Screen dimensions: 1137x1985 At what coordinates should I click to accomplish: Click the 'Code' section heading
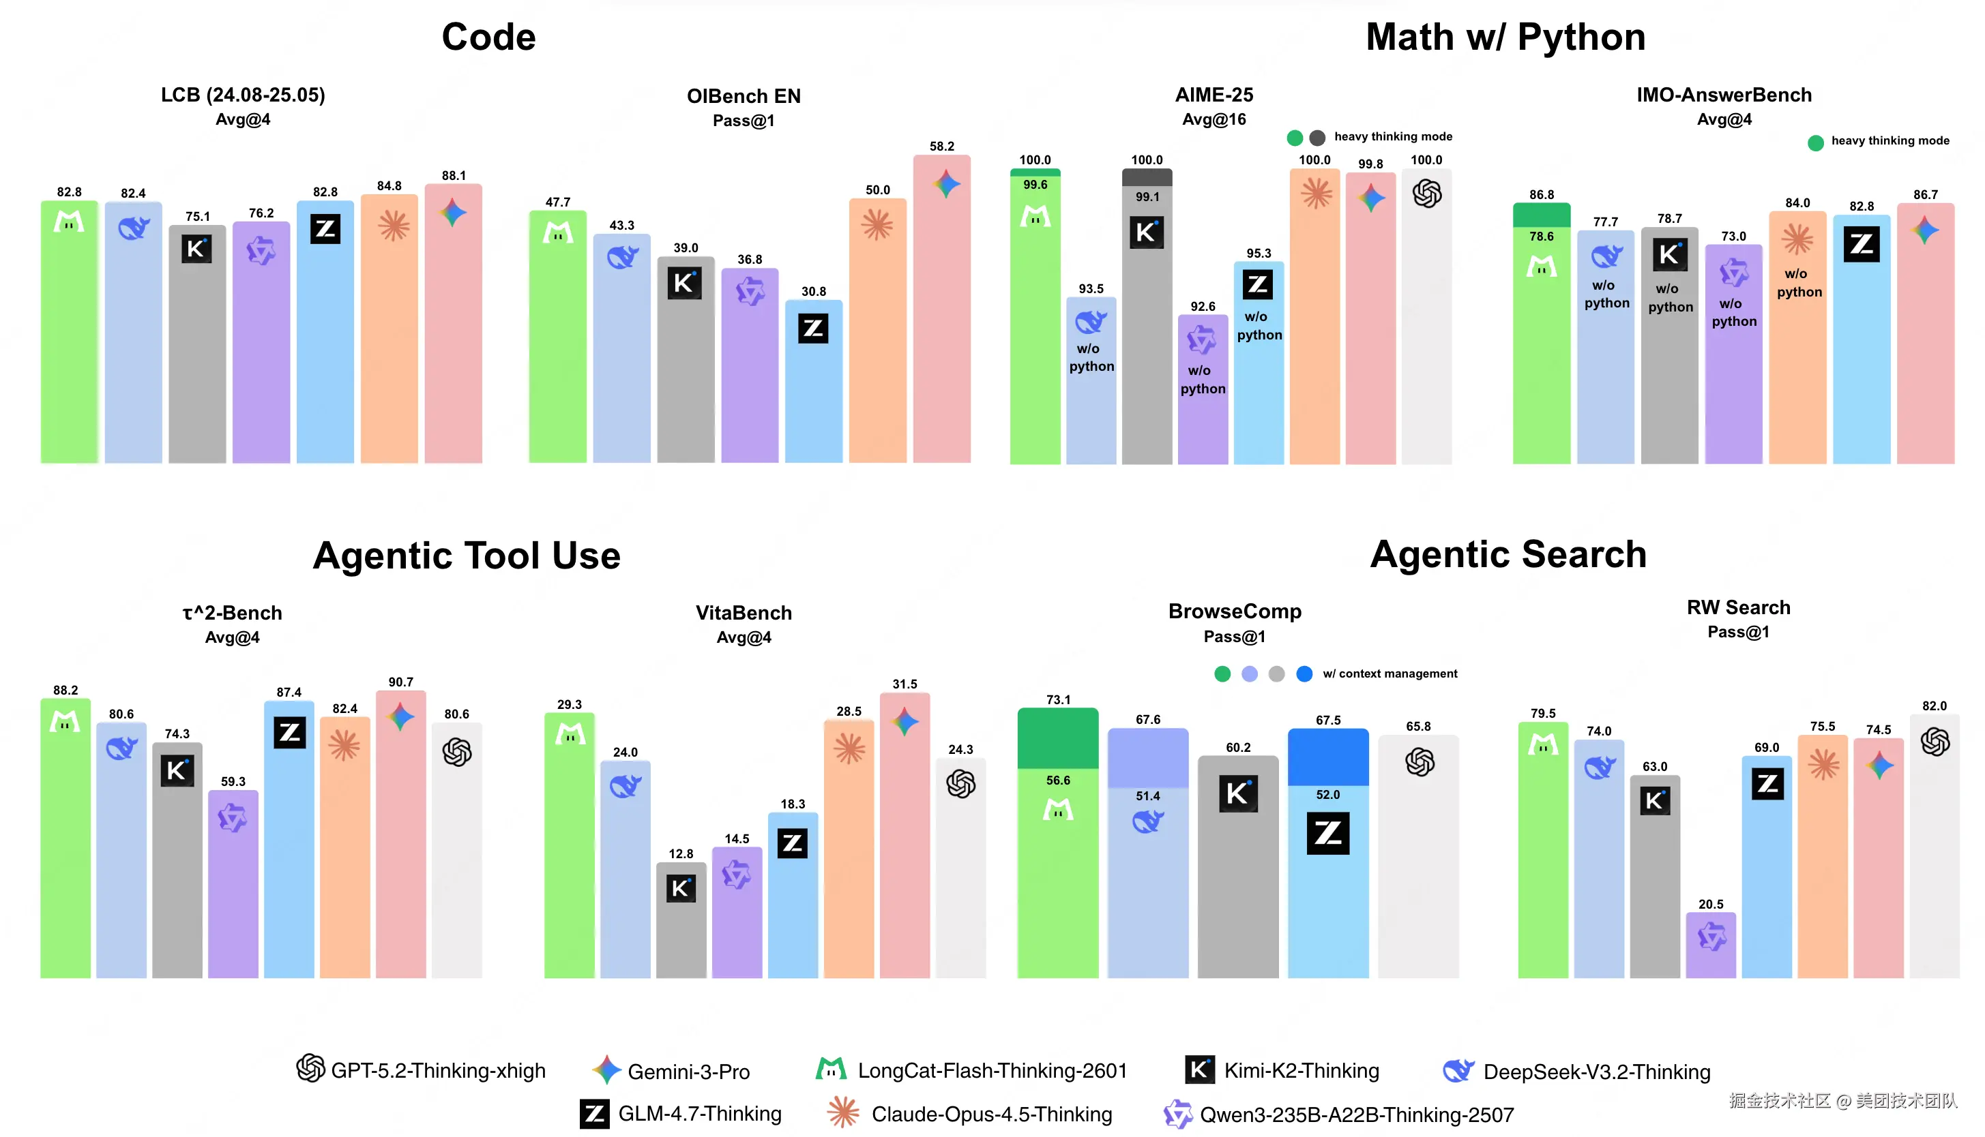click(488, 37)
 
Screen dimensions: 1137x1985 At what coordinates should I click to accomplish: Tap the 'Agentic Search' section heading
click(1508, 554)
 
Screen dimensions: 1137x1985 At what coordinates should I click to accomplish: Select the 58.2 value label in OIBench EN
click(941, 146)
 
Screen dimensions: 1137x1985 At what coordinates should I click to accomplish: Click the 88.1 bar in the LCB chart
click(453, 328)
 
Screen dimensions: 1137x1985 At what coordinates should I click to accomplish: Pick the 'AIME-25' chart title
click(1214, 95)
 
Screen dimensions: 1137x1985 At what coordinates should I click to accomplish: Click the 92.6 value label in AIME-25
click(1202, 306)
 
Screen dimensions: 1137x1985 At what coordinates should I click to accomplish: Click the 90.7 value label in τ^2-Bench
click(400, 682)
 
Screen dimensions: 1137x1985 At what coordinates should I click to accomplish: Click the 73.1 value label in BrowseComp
click(1058, 699)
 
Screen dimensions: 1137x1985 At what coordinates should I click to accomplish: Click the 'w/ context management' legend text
click(1389, 673)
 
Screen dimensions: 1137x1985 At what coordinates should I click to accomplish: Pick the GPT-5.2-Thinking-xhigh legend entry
click(422, 1070)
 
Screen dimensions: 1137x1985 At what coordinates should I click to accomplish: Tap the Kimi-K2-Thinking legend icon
click(1199, 1069)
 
